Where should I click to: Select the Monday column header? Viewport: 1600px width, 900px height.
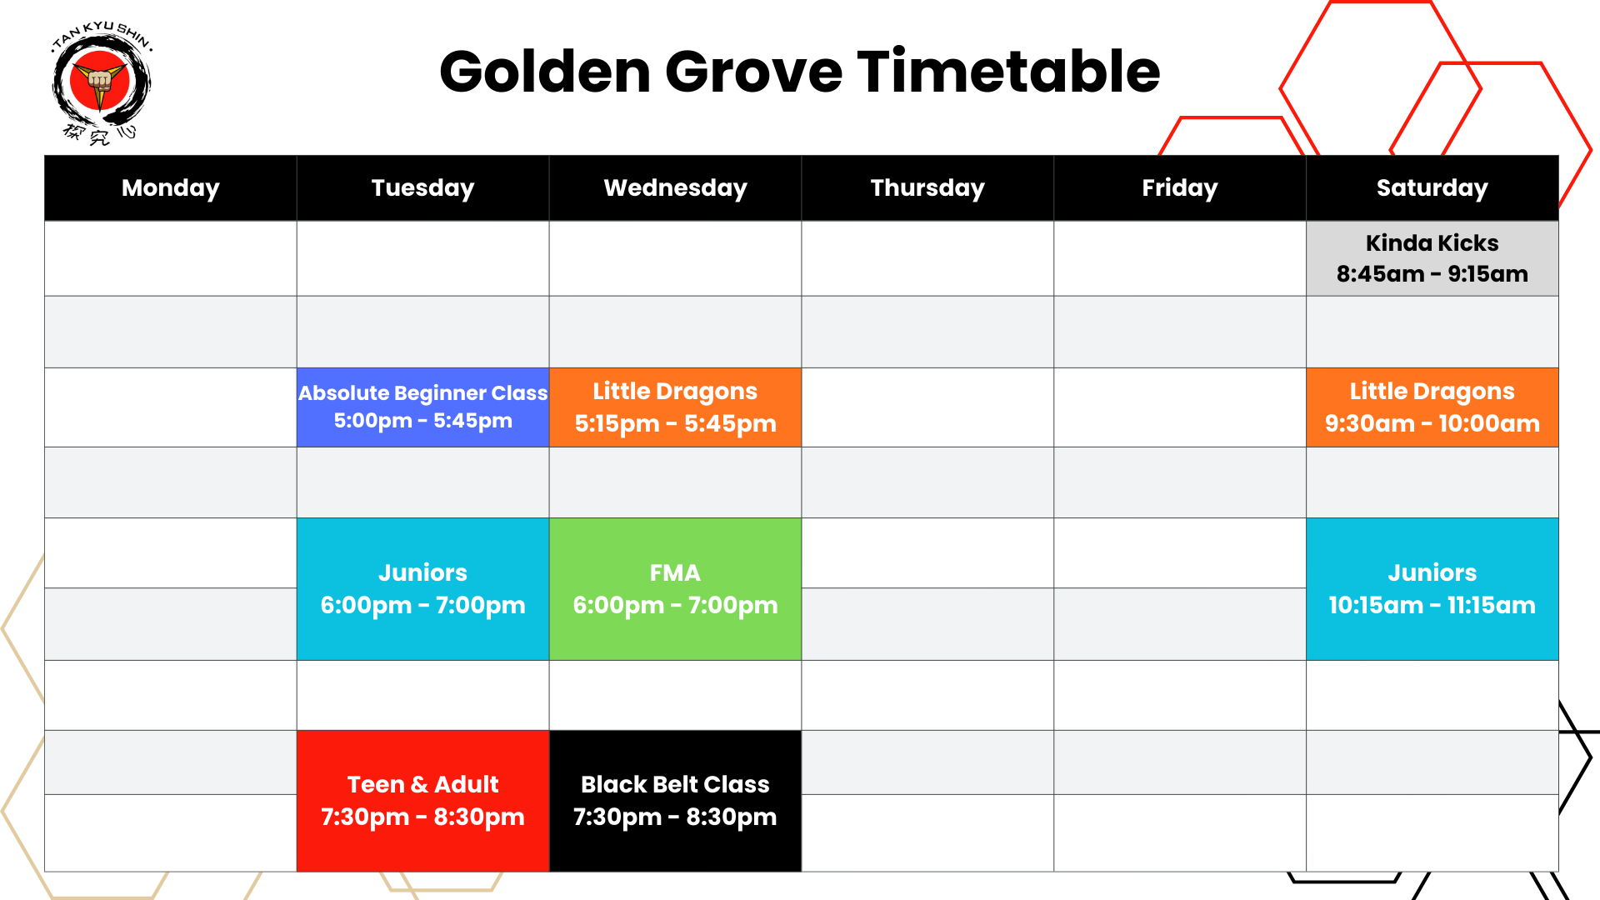pos(171,188)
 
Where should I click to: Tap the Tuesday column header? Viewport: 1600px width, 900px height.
pos(422,188)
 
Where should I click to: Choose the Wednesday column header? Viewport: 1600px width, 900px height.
pos(675,188)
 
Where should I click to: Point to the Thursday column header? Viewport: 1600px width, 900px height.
pos(927,188)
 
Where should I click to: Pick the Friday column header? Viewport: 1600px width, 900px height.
pos(1179,188)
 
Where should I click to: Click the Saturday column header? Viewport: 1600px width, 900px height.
pos(1432,188)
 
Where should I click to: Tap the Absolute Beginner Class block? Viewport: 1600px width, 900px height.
pos(422,407)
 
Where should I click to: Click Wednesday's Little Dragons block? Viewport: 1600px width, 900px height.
pos(675,407)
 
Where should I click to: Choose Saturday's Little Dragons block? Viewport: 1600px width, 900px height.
pos(1432,407)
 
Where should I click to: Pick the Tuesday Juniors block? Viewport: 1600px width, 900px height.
pos(422,589)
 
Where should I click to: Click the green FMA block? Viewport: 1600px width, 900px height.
pos(675,589)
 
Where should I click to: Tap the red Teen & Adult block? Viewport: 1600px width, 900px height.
pos(422,801)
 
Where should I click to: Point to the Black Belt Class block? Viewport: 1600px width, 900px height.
pos(675,801)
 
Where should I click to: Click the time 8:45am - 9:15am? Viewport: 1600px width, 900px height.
pos(1432,274)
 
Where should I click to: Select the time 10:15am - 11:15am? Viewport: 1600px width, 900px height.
pos(1432,606)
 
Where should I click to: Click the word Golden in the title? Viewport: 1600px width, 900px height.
pos(545,72)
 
